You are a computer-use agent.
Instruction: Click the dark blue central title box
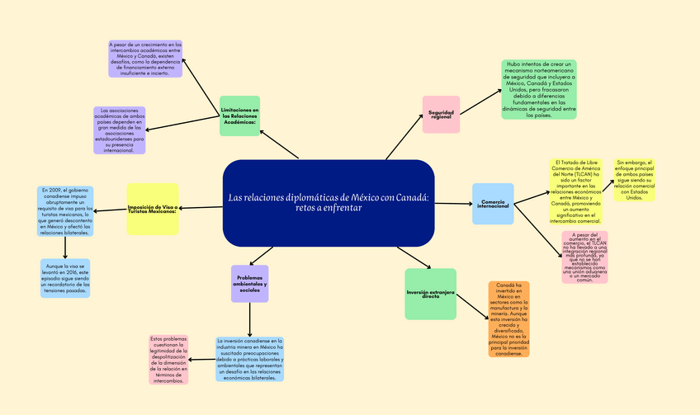pos(329,203)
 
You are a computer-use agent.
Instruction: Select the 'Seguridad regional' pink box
pos(440,115)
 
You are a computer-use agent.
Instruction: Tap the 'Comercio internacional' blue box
pos(493,203)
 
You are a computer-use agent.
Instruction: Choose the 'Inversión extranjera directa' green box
pos(430,294)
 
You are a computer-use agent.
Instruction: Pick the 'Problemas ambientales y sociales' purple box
pos(249,284)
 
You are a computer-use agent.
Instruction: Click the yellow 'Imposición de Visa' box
pos(153,209)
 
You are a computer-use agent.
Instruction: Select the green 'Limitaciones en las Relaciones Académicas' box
pos(239,116)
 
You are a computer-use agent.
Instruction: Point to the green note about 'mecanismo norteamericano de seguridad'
pos(538,89)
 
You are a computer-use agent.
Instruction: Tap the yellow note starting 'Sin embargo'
pos(634,180)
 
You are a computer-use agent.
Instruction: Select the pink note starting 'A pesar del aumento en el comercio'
pos(584,257)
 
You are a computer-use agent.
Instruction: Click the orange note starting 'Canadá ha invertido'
pos(508,319)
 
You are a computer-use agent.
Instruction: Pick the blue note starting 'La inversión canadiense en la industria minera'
pos(249,359)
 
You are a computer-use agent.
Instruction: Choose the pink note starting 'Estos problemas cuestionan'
pos(168,359)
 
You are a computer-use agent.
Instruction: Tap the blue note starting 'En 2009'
pos(65,210)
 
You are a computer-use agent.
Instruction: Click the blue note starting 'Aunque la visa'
pos(65,278)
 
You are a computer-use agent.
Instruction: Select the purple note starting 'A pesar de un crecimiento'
pos(145,59)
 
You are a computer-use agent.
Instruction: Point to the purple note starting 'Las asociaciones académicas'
pos(119,130)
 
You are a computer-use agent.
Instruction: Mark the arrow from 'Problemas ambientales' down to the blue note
pos(249,319)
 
